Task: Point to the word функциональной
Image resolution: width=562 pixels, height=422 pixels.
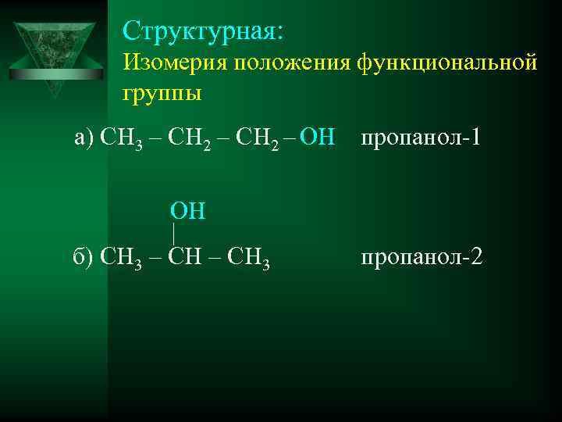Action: coord(447,63)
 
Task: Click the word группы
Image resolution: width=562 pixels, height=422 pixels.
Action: coord(162,94)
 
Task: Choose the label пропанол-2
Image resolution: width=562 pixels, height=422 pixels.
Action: coord(421,255)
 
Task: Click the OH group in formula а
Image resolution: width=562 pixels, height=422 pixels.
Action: coord(317,138)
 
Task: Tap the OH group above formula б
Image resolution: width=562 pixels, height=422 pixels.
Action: coord(187,211)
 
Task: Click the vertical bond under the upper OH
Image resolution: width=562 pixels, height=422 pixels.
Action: coord(174,232)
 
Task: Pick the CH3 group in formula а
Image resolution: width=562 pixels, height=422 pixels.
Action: coord(122,139)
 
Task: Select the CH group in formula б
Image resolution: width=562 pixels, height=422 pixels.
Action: coord(186,255)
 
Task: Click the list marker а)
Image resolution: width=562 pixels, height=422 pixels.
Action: coord(83,138)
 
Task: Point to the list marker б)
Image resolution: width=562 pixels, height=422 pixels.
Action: coord(83,255)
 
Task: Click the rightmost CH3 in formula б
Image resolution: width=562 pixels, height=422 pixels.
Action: coord(250,256)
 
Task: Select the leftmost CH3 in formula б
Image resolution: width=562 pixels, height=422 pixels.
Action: coord(121,256)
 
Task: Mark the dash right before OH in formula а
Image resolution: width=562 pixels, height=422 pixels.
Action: coord(291,138)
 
